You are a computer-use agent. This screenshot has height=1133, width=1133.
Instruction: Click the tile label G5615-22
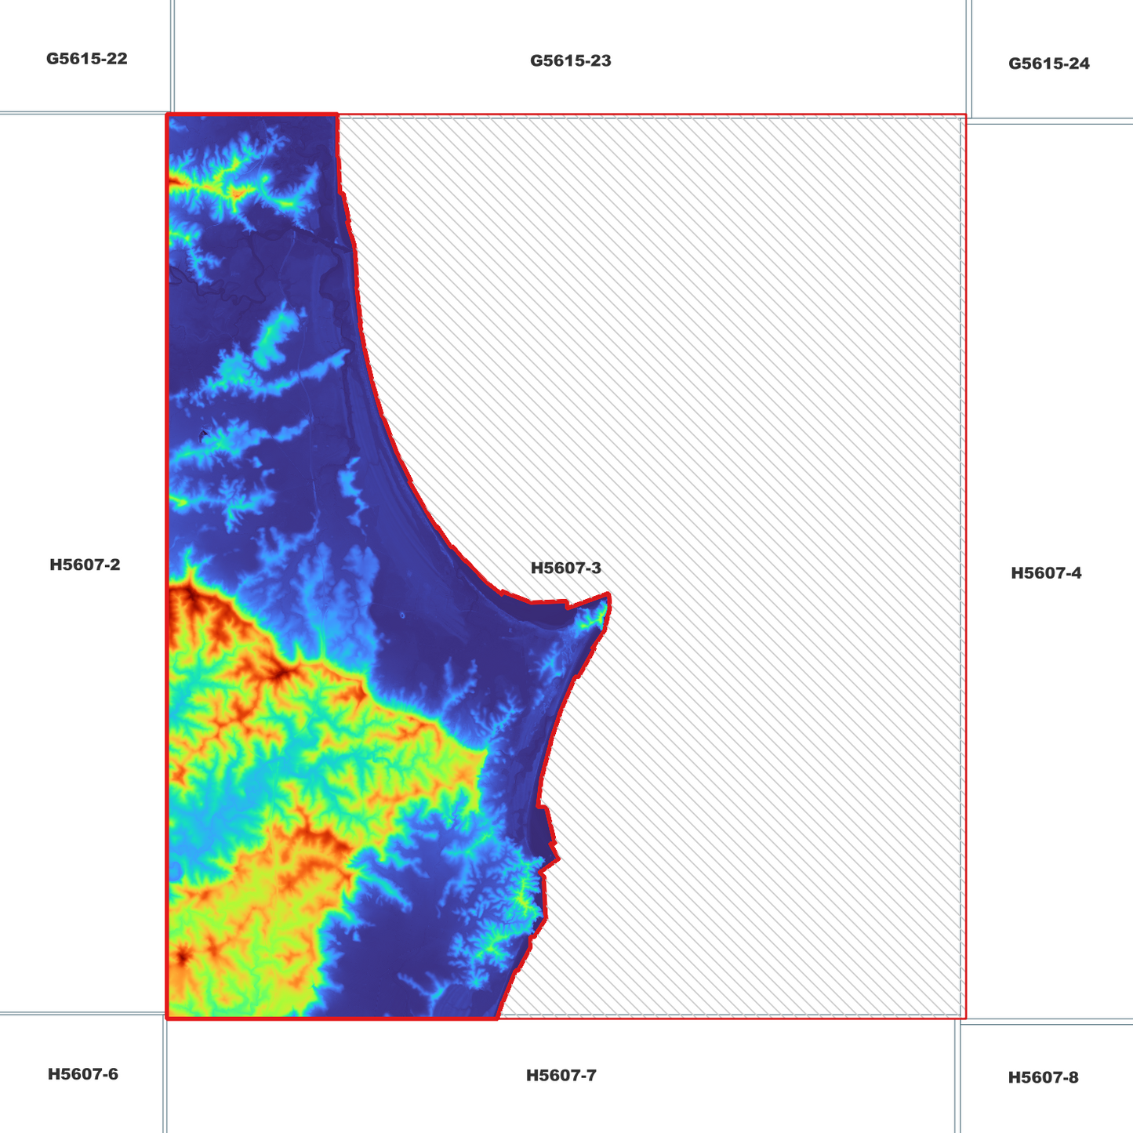86,59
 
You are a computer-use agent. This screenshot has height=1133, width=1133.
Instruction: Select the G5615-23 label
570,61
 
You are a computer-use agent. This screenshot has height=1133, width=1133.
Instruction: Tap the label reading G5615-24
1048,64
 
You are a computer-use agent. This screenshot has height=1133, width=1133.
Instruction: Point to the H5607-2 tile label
85,565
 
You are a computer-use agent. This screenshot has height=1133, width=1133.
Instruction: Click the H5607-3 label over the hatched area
565,568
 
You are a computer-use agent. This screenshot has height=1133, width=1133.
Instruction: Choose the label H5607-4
1046,573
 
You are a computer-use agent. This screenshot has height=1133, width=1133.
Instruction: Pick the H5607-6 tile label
83,1074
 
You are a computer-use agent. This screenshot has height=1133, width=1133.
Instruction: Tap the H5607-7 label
561,1076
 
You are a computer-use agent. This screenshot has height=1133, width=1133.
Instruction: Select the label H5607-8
1043,1078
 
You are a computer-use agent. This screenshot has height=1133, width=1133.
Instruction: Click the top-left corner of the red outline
168,115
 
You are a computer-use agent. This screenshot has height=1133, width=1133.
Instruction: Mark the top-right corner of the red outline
965,116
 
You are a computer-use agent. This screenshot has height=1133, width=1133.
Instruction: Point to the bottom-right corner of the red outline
965,1018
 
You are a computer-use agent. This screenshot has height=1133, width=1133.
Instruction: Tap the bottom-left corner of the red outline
168,1018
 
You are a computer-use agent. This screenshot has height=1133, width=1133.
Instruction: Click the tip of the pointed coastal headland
609,596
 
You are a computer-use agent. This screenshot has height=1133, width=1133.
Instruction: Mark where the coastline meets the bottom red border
498,1018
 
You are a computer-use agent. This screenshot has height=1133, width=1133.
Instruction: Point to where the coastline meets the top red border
337,115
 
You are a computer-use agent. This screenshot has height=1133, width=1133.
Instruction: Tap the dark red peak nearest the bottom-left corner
183,957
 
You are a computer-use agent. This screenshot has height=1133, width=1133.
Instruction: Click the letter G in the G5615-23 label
536,61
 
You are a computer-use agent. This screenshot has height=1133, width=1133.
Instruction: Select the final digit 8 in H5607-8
1073,1078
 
